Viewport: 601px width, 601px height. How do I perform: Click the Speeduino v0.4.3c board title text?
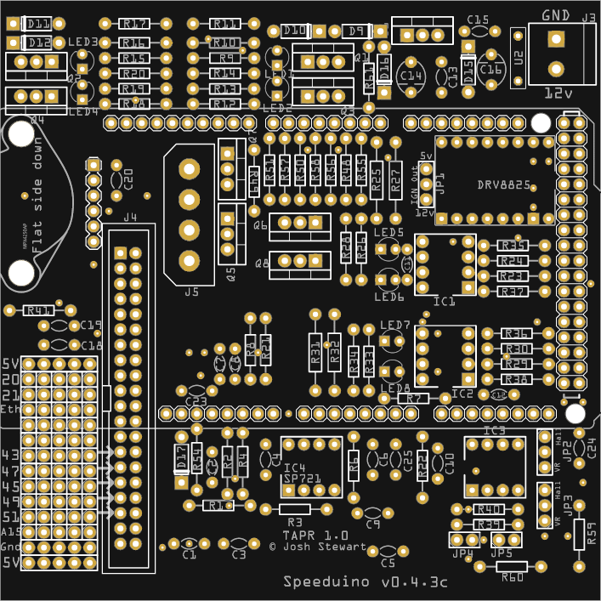coord(366,582)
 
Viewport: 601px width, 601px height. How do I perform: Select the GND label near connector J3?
coord(555,14)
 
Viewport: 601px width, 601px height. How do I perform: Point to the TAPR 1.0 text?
coord(315,536)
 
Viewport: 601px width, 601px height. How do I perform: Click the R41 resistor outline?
coord(39,310)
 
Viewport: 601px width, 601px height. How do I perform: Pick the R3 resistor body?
coord(296,508)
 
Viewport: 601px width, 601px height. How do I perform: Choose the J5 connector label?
coord(191,292)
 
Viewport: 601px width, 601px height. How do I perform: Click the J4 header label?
coord(129,218)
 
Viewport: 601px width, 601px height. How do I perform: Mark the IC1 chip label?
coord(444,302)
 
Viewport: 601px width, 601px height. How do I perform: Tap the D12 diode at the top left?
coord(38,43)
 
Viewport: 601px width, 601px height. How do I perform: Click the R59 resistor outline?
coord(579,534)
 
